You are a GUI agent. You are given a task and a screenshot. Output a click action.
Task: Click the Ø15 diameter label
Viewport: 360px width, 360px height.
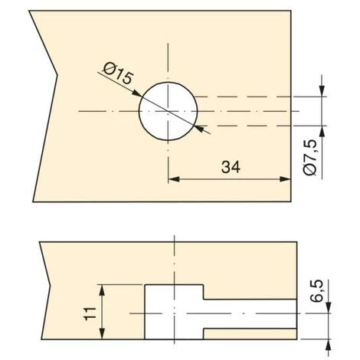click(118, 74)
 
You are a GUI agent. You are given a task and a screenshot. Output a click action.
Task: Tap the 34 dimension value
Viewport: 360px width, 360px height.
click(231, 167)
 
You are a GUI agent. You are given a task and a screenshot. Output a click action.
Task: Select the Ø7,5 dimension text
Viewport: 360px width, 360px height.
click(311, 158)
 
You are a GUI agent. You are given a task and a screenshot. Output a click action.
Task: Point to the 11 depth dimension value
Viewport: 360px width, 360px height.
click(90, 313)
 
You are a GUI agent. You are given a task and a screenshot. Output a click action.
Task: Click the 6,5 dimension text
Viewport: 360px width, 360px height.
click(317, 291)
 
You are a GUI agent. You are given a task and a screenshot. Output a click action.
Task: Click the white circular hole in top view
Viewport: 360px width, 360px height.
click(168, 111)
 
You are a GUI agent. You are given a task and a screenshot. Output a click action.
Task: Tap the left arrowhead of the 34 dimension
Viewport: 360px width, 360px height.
click(174, 179)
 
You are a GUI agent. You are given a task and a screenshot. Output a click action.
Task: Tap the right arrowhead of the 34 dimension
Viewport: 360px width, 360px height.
click(285, 179)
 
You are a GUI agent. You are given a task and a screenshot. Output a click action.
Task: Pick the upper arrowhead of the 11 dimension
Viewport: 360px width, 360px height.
click(102, 290)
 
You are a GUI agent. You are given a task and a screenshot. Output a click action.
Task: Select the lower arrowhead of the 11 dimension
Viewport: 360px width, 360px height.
click(102, 333)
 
